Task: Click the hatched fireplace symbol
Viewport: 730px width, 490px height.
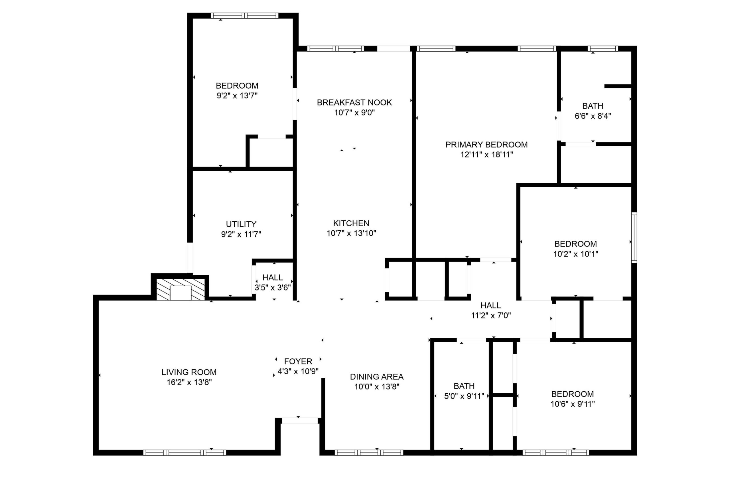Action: click(181, 290)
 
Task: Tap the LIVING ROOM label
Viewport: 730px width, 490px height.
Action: click(189, 372)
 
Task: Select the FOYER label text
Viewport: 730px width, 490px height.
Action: click(298, 361)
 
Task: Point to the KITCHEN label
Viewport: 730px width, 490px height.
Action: click(351, 223)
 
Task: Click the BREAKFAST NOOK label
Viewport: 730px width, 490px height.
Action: click(354, 103)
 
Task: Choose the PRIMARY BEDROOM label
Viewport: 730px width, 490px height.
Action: click(486, 145)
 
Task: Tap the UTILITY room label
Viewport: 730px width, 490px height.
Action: click(241, 224)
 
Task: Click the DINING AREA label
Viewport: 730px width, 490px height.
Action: click(377, 377)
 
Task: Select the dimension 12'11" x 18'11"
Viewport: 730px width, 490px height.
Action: click(486, 155)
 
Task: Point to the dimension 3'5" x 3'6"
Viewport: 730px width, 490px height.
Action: click(273, 288)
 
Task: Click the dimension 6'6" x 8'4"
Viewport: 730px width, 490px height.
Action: click(593, 116)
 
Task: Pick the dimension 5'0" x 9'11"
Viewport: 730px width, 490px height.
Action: click(464, 396)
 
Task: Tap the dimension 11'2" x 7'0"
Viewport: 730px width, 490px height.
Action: click(491, 316)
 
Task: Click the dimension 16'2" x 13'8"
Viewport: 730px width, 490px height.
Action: click(189, 382)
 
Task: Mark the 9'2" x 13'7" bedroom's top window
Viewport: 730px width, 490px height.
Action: click(244, 16)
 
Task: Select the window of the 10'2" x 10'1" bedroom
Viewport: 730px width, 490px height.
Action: click(634, 237)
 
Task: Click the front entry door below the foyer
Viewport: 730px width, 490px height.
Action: click(300, 421)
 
